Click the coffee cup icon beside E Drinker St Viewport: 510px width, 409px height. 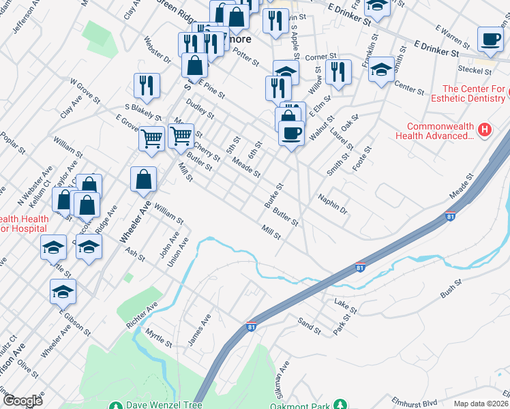[490, 40]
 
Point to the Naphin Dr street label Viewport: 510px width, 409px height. [333, 204]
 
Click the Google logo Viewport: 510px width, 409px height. [22, 401]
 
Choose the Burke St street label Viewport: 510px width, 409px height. [273, 196]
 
